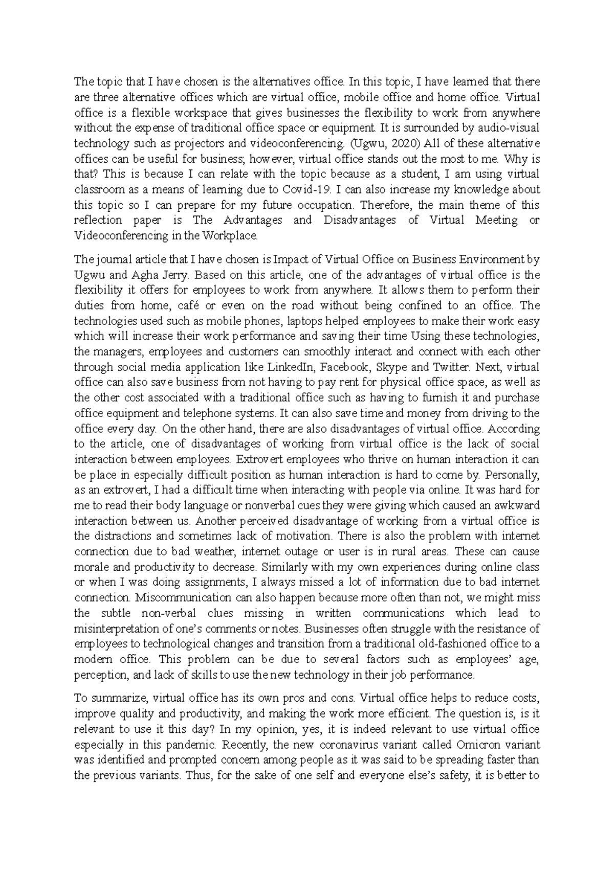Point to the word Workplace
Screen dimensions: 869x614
pyautogui.click(x=231, y=236)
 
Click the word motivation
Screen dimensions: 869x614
pyautogui.click(x=303, y=536)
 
